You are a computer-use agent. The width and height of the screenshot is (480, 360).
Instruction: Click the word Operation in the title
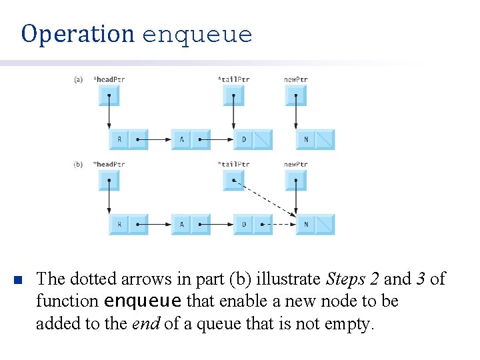[77, 33]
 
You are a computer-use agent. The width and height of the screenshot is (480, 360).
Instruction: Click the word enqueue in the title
[197, 35]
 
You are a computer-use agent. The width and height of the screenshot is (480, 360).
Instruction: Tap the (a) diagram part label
[78, 79]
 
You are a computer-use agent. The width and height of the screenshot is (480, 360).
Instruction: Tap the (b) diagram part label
[78, 164]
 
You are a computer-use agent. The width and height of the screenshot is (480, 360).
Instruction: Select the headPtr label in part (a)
[109, 79]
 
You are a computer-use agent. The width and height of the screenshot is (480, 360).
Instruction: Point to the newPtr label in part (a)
[295, 79]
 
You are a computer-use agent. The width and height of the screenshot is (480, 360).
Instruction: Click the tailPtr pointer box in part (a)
[233, 95]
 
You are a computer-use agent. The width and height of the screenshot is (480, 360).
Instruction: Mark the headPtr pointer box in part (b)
[109, 180]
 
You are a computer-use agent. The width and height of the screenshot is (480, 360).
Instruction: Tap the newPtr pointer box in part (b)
[295, 180]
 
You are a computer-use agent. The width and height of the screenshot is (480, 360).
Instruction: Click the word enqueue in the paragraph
[143, 301]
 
